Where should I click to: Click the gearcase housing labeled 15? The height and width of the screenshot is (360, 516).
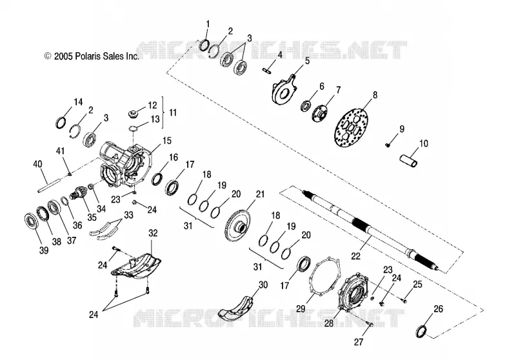click(125, 163)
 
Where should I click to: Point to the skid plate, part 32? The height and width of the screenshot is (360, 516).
click(137, 267)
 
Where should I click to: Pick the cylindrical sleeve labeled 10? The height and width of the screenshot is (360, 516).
click(409, 159)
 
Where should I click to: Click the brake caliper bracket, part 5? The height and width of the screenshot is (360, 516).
click(284, 90)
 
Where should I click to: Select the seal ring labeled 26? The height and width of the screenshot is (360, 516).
click(422, 331)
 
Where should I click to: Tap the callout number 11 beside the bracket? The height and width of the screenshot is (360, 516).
click(173, 112)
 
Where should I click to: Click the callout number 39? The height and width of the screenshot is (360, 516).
click(44, 250)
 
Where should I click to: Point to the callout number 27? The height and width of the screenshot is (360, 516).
click(359, 342)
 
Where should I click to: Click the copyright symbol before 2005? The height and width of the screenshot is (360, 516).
click(48, 56)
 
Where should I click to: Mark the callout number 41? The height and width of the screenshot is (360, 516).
click(60, 151)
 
